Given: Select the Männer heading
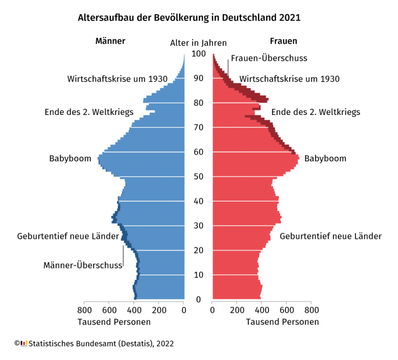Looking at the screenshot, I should tap(110, 41).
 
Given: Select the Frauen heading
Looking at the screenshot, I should tap(283, 41).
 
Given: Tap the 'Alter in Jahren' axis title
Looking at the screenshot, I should tap(198, 43).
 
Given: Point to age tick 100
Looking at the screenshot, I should tap(198, 54).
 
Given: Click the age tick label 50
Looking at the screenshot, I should tap(198, 176).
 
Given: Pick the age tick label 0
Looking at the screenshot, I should tap(198, 299).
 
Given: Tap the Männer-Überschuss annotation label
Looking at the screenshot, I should tap(83, 265).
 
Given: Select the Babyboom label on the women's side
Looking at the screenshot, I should tap(325, 159).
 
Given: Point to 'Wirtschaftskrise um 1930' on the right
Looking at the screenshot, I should tap(289, 79).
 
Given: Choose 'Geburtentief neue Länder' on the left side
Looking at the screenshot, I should tap(68, 236).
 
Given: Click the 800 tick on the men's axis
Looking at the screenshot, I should tap(84, 310).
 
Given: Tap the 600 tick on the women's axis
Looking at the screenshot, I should tap(287, 310).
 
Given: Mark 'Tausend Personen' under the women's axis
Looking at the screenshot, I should tap(282, 322).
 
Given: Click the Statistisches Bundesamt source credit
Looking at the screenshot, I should tap(101, 343).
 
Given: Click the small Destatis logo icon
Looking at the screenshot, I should tap(24, 343).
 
